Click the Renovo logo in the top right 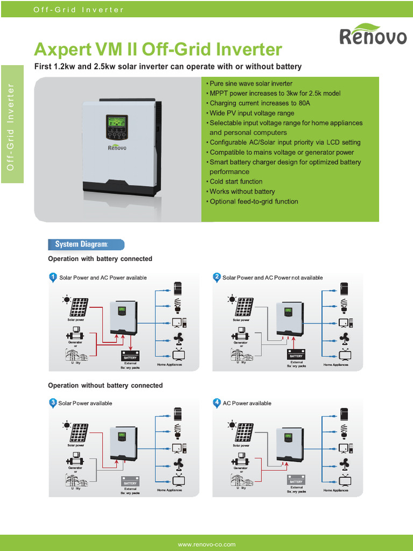coord(373,35)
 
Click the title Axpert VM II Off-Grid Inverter coord(158,50)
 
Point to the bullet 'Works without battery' coord(242,192)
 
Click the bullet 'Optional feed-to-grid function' coord(253,201)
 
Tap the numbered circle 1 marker coord(53,277)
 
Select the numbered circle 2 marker coord(217,277)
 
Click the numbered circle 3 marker coord(53,402)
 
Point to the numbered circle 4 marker coord(217,402)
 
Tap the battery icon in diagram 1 coord(130,356)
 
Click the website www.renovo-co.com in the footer coord(206,545)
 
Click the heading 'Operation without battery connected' coord(105,386)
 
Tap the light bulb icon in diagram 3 coord(178,430)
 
